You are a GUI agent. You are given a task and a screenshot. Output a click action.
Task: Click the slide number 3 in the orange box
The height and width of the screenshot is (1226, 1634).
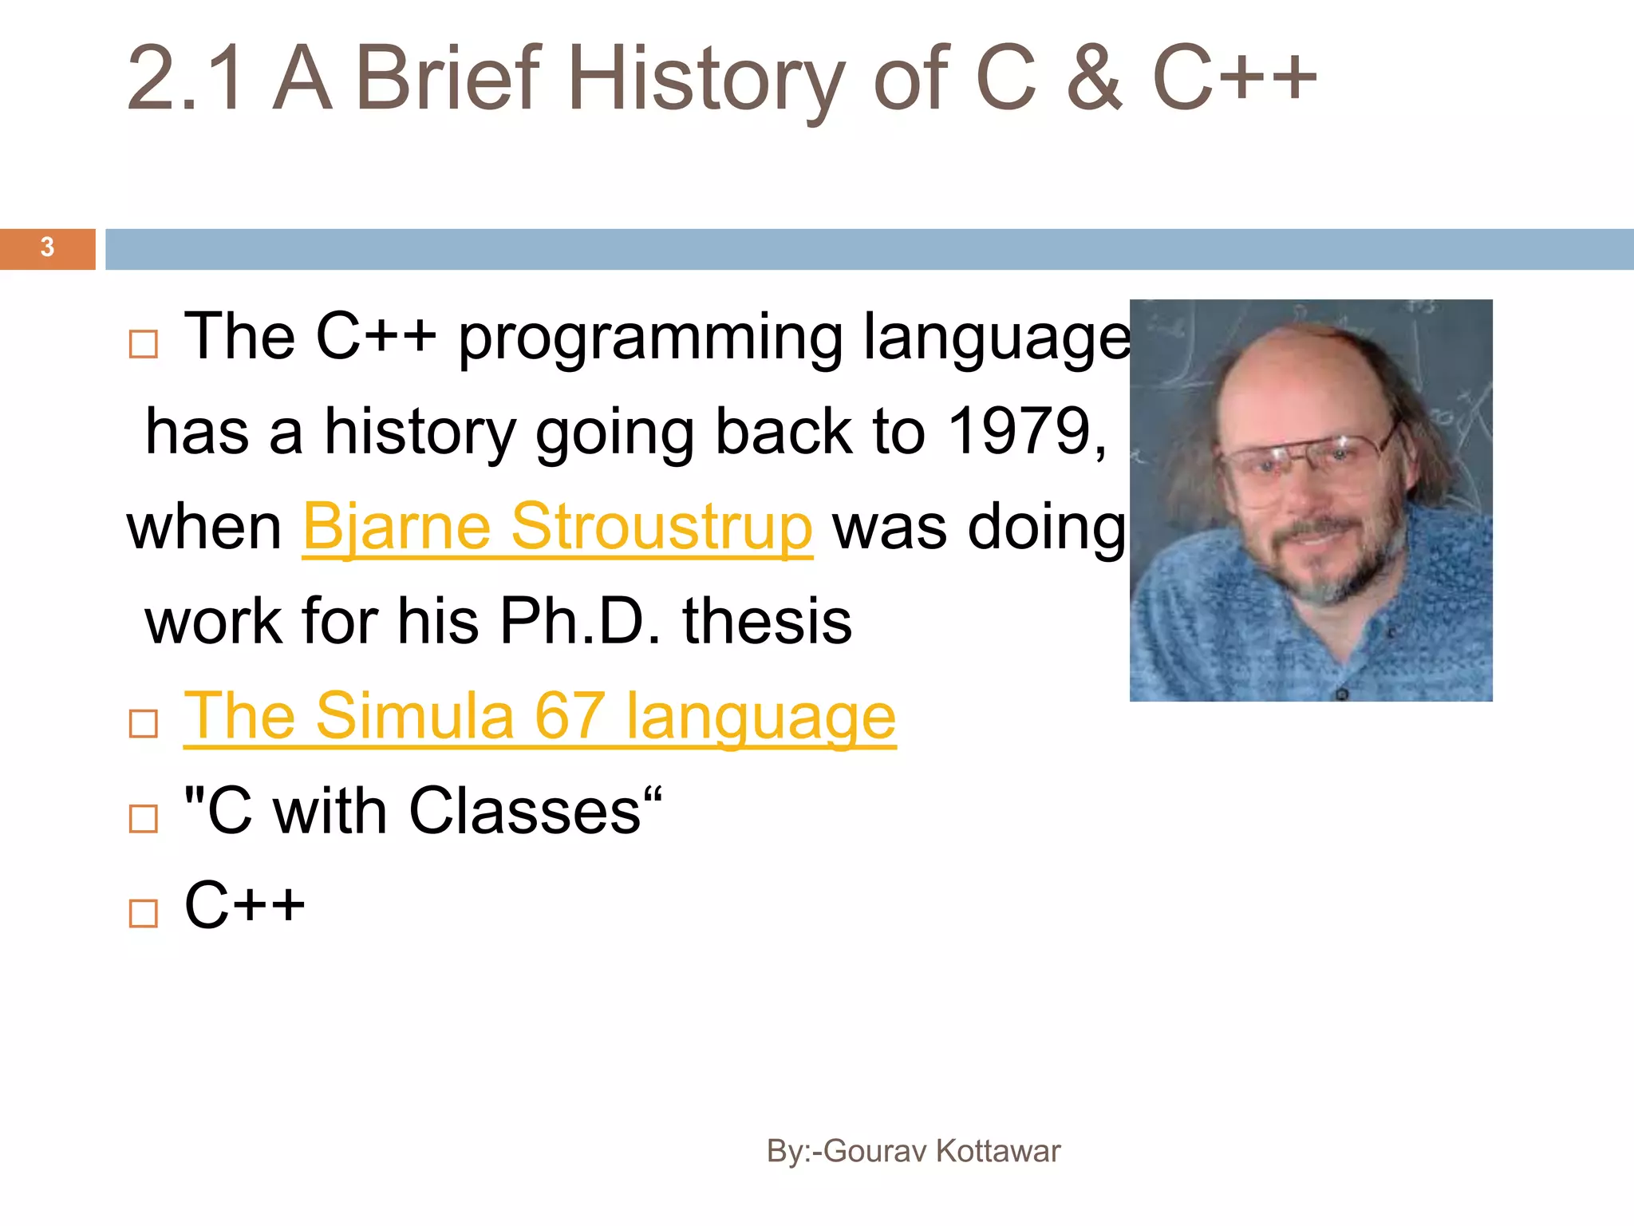tap(47, 247)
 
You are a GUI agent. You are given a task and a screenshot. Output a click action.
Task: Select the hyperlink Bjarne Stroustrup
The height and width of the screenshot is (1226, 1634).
tap(557, 528)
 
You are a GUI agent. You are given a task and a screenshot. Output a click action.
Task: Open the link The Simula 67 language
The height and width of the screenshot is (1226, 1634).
tap(539, 717)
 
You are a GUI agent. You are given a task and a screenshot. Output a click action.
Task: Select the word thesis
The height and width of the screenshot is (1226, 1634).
tap(767, 622)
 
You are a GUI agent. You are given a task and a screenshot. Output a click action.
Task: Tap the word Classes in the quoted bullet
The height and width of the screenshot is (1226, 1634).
tap(524, 812)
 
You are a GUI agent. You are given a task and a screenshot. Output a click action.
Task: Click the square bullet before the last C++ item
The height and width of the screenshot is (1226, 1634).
tap(144, 913)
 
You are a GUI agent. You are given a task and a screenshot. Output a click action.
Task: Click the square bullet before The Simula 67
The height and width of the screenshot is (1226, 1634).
tap(144, 724)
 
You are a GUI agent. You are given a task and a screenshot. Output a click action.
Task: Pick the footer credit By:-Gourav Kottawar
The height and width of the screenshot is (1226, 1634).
tap(913, 1151)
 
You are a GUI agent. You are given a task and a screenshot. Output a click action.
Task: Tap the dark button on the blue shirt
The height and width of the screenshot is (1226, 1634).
tap(1341, 694)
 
